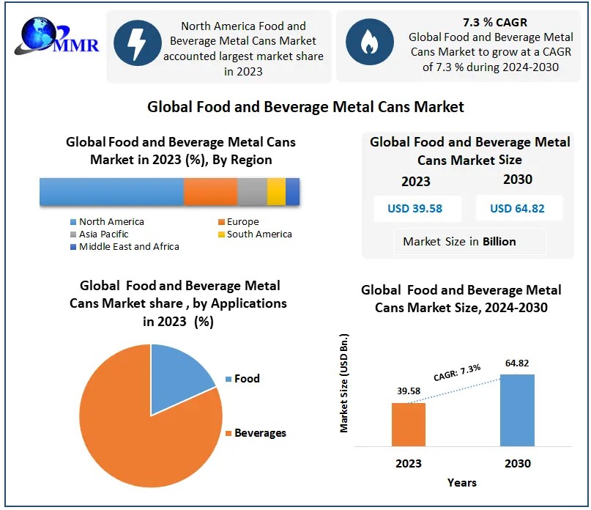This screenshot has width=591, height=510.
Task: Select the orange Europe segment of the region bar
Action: tap(210, 191)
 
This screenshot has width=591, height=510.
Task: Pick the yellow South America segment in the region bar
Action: tap(276, 191)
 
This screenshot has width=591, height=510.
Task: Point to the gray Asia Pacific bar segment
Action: tap(252, 191)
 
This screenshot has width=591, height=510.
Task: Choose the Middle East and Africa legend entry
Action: tap(129, 247)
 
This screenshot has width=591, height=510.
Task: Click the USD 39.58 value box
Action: tap(415, 209)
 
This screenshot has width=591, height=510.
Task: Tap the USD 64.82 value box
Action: tap(517, 209)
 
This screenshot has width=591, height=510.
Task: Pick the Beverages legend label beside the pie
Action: tap(260, 433)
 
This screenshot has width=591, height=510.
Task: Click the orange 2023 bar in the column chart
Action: tap(408, 424)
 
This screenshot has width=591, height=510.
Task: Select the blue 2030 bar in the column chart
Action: tap(517, 410)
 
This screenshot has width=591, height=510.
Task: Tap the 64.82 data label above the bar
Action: tap(517, 363)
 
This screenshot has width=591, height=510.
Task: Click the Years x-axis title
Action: tap(462, 483)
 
